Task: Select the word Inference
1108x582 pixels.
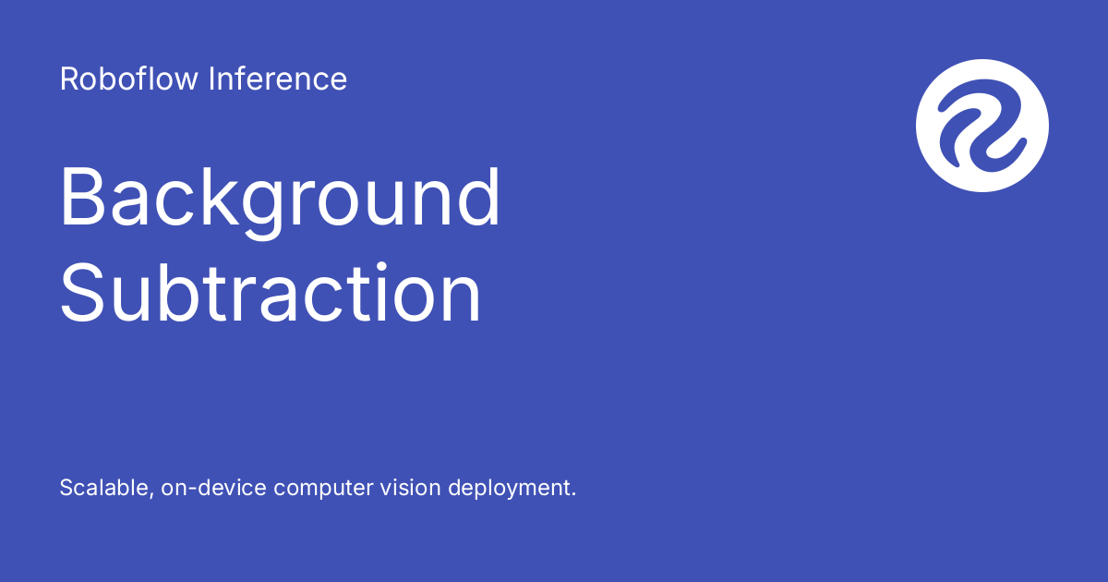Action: (277, 79)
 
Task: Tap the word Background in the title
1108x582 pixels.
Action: (281, 199)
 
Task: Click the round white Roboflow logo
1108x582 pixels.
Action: (982, 126)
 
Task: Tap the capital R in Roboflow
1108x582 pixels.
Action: (67, 79)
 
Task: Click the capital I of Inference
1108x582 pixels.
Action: (211, 79)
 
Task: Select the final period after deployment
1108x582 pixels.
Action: (573, 494)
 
